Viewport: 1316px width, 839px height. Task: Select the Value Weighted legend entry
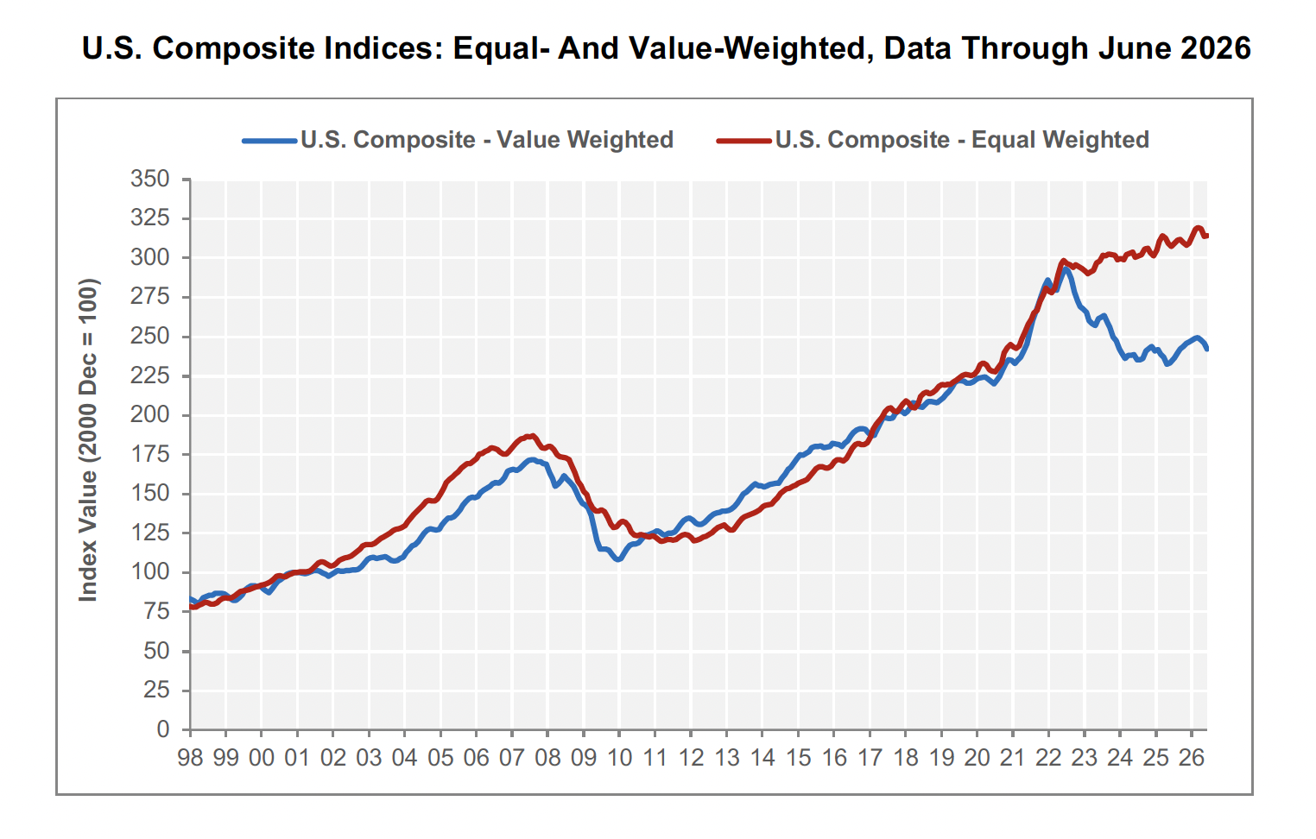click(459, 140)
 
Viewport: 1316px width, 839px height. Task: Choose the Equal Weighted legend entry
click(933, 140)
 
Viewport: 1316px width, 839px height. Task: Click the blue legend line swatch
click(269, 141)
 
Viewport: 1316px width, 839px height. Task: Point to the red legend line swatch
click(744, 141)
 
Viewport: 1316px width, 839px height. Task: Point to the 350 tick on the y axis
click(149, 179)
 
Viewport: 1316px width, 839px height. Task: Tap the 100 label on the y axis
click(149, 572)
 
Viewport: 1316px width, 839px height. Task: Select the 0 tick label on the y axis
click(162, 729)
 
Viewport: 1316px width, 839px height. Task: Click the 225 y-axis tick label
click(149, 375)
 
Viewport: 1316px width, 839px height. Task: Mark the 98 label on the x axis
click(190, 758)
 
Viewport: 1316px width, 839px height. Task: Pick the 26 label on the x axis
click(1192, 758)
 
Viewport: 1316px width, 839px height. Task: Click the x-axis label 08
click(547, 758)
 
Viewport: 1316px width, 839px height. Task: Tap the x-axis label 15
click(798, 758)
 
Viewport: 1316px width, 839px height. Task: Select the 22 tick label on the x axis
click(1048, 758)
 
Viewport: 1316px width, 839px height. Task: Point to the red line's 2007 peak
click(532, 436)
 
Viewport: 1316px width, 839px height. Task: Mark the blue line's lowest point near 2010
click(618, 559)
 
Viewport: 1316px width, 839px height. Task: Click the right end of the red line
click(1206, 236)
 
